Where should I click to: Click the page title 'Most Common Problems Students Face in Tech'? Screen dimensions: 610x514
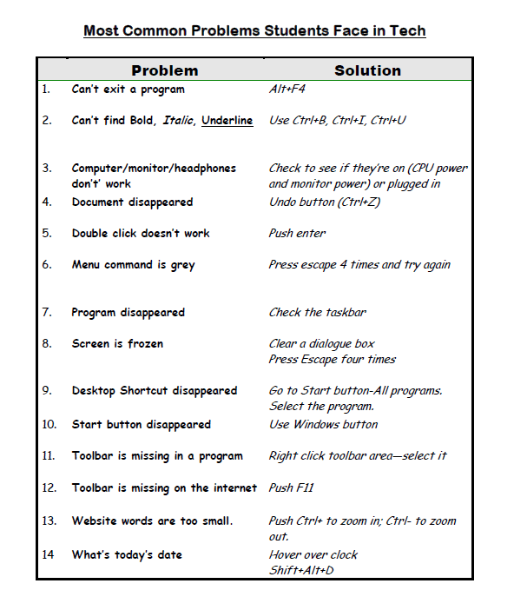coord(254,31)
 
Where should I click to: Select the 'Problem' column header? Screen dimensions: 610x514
coord(164,70)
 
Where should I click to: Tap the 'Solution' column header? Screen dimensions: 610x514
coord(367,70)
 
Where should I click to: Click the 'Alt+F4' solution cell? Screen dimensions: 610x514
coord(288,89)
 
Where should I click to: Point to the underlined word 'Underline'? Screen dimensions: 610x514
coord(227,121)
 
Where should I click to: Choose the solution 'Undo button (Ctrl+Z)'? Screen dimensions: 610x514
coord(325,202)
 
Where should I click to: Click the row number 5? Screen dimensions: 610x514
coord(46,234)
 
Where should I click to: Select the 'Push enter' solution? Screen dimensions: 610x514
coord(297,234)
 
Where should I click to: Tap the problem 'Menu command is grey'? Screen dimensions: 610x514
coord(133,265)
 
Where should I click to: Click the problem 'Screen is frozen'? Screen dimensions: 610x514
coord(117,344)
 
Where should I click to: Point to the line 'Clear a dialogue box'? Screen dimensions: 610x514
coord(321,344)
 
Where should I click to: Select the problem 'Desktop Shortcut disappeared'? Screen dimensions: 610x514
coord(154,391)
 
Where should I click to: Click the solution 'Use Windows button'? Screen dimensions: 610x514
coord(323,425)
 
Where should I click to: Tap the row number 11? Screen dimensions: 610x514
coord(49,456)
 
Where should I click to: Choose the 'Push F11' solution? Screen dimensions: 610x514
coord(292,488)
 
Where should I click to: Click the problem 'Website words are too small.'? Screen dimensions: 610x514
coord(152,521)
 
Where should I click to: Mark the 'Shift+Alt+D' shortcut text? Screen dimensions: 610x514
coord(302,570)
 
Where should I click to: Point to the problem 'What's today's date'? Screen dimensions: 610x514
coord(127,554)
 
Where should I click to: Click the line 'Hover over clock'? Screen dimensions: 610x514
coord(313,554)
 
